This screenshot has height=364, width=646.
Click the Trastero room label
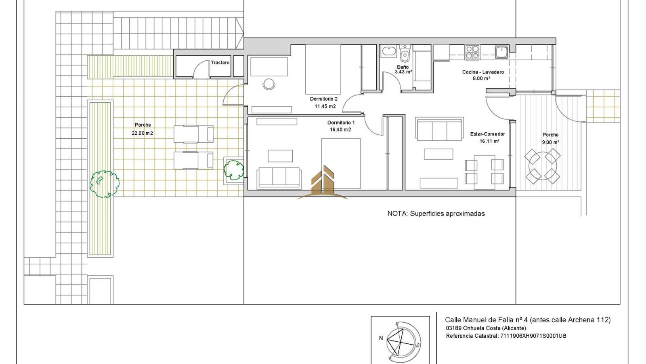(220, 63)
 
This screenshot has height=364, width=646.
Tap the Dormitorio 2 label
(323, 99)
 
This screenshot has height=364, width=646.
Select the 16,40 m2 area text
(340, 130)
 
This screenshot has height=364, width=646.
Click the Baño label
(403, 67)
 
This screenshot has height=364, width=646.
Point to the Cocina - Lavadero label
(483, 72)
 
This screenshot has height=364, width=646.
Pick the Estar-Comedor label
(487, 134)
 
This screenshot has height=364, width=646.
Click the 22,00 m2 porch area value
(142, 133)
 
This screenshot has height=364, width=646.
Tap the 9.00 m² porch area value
(551, 142)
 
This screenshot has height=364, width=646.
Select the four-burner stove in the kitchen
(472, 53)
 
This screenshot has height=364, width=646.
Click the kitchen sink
(502, 52)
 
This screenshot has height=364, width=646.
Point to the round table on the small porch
(543, 166)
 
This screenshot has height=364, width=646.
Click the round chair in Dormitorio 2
(269, 84)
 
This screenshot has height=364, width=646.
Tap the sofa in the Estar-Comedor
(439, 129)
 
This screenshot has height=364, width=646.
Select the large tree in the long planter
(105, 184)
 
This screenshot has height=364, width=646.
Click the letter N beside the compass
(381, 338)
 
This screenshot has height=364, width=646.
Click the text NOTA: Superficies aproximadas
(436, 214)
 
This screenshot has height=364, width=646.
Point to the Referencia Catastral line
(506, 336)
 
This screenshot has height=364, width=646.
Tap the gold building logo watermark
(323, 182)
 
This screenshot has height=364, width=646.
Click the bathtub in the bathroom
(389, 52)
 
